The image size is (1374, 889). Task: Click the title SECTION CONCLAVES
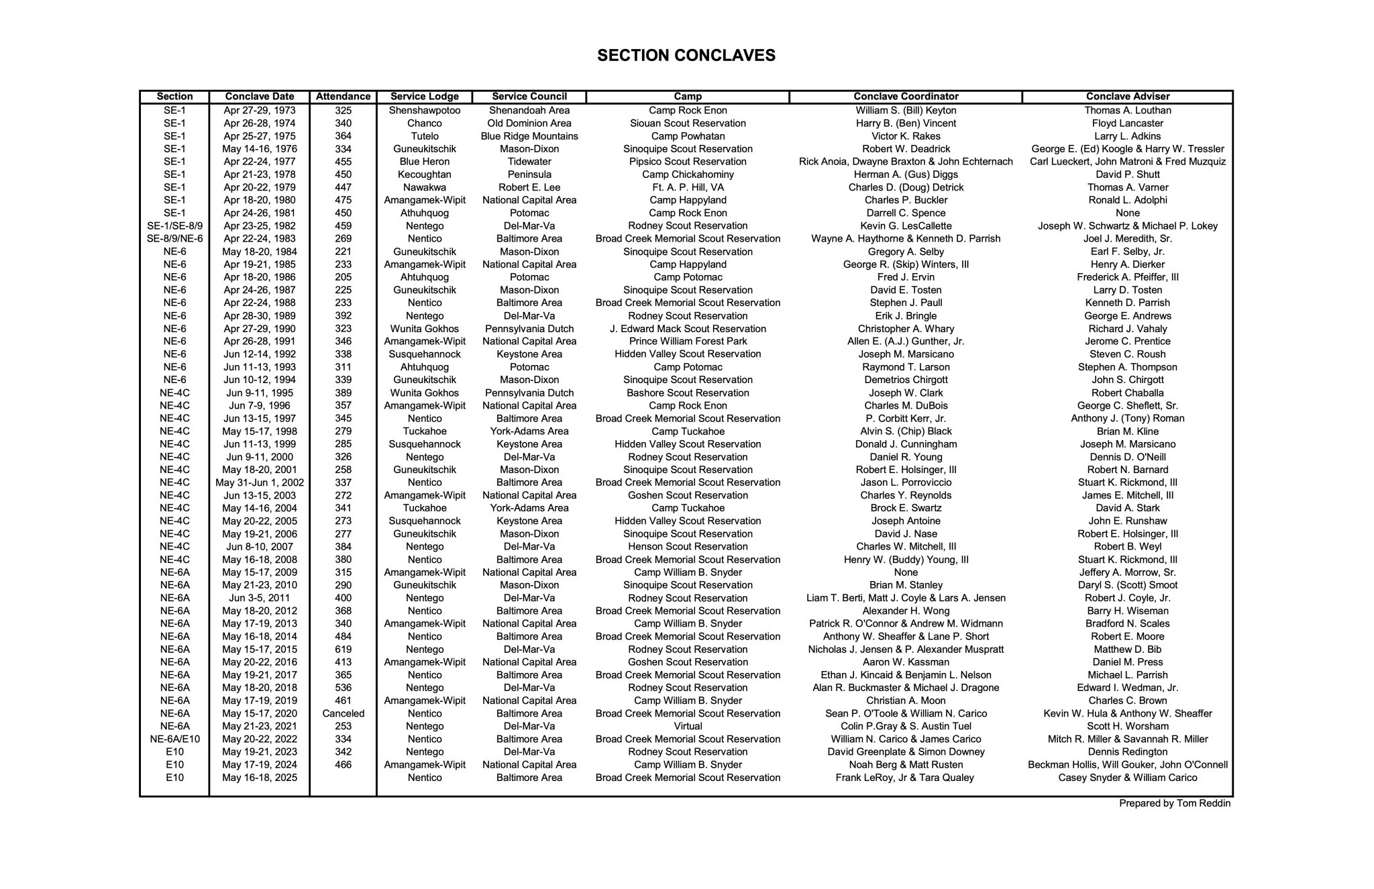686,56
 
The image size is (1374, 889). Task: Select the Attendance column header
343,97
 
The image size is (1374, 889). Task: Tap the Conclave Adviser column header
1127,97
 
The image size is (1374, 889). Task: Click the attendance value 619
343,649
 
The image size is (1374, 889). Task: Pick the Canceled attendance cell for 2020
343,714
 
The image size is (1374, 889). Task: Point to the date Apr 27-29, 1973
260,111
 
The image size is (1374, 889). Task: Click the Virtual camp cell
688,727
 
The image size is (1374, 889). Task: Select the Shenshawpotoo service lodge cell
424,111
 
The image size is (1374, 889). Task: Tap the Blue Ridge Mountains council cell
529,136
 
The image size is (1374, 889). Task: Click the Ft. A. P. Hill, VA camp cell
688,188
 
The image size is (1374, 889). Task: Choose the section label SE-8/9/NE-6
174,239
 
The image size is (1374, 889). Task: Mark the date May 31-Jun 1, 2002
260,483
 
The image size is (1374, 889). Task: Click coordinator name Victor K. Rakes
906,136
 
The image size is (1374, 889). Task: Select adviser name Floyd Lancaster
1127,123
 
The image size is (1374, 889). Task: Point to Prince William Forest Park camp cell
688,342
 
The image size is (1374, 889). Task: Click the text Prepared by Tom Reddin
1174,804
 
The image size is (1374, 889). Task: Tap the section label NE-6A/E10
174,739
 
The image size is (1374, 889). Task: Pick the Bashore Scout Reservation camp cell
688,393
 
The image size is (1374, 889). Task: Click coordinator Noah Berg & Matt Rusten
906,765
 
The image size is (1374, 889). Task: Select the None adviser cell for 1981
1127,213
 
